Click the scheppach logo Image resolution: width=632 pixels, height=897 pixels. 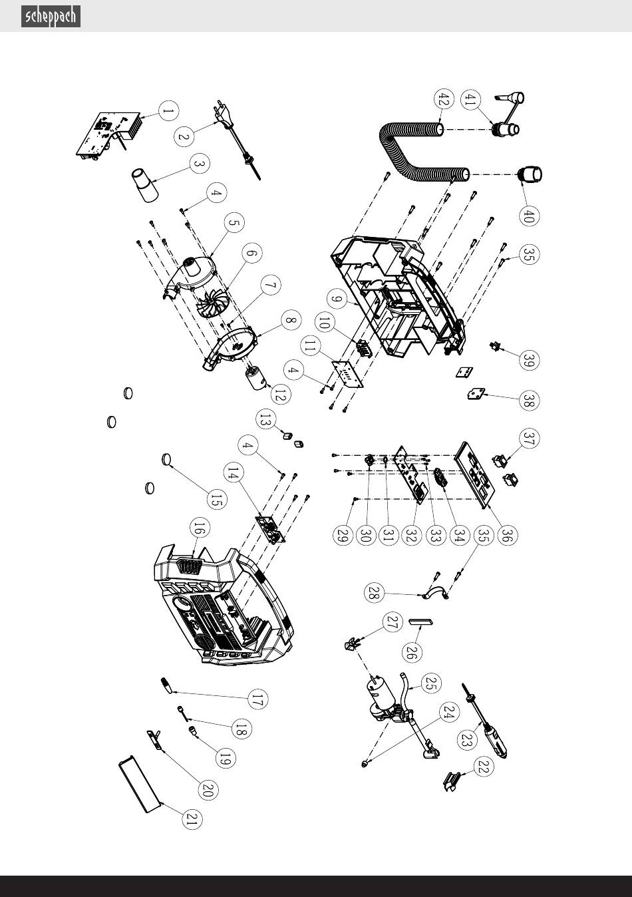(x=51, y=17)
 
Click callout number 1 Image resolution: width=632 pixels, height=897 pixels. (x=168, y=110)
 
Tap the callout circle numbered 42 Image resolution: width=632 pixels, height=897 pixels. (x=444, y=99)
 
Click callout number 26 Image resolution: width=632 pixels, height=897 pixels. (x=412, y=652)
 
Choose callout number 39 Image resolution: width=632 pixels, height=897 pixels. (x=529, y=360)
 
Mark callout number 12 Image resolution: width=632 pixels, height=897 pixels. (x=281, y=395)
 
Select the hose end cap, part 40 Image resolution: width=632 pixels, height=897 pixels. (x=530, y=174)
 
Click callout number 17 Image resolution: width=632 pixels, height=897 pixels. (x=257, y=699)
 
